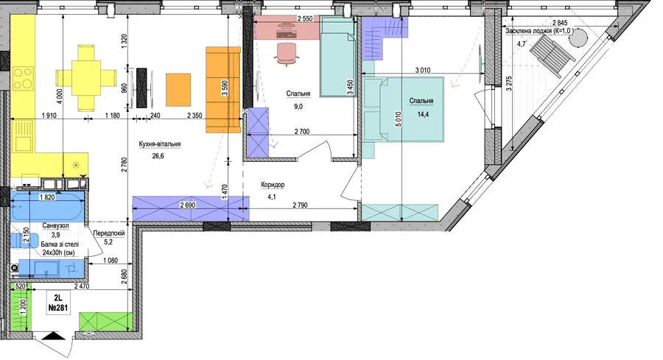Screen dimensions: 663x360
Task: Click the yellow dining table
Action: (x=86, y=78)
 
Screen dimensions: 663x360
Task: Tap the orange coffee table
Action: (x=178, y=90)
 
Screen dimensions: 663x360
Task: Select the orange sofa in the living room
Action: (x=223, y=90)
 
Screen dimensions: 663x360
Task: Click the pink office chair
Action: (x=287, y=54)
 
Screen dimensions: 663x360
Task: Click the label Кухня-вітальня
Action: (x=160, y=144)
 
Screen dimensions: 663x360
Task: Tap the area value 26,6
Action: (x=158, y=156)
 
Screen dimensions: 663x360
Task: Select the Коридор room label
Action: (x=273, y=185)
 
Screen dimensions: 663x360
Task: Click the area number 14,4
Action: (x=423, y=114)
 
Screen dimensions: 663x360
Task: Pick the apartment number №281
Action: (x=58, y=308)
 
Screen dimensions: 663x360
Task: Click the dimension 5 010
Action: (x=398, y=119)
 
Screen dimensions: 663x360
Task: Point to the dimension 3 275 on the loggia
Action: (x=508, y=84)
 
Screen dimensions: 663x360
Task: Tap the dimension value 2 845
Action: (x=560, y=23)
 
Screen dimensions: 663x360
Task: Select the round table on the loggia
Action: (x=578, y=39)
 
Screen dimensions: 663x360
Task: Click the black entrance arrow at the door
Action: (x=54, y=336)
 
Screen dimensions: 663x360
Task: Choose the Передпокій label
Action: (x=109, y=233)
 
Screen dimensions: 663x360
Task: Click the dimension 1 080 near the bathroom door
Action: (x=110, y=261)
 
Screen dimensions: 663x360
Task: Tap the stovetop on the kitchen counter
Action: (x=23, y=78)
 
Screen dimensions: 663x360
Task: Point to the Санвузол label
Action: (x=55, y=226)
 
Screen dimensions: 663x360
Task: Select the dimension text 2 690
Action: (x=189, y=205)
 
